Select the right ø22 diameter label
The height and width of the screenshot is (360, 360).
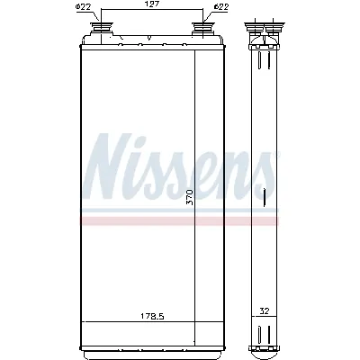(220, 9)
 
